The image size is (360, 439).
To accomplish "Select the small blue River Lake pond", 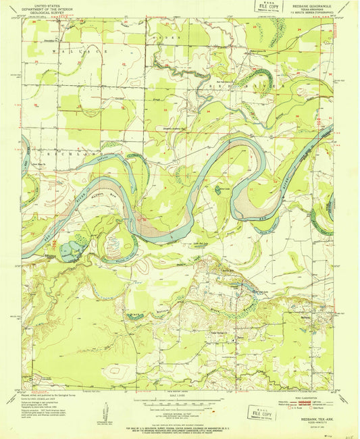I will [x=217, y=190].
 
